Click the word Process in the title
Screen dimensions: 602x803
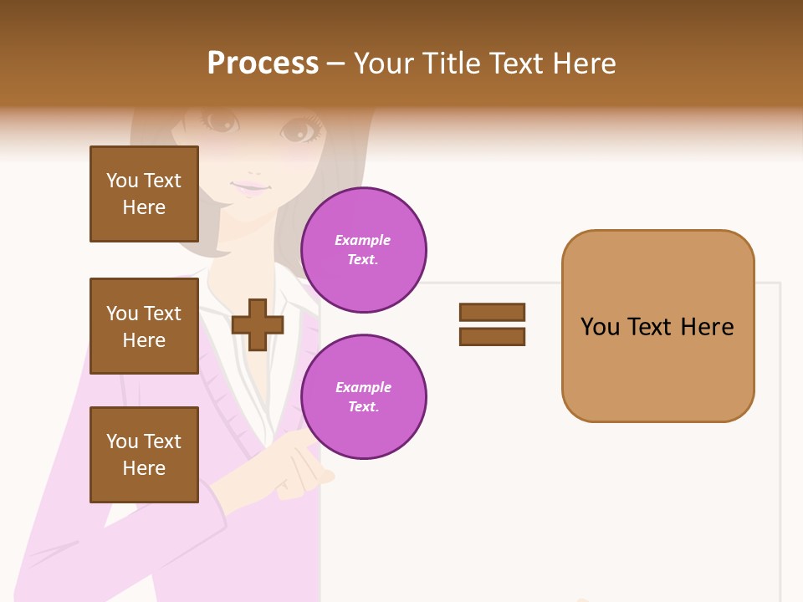(263, 64)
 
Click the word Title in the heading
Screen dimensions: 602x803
(450, 64)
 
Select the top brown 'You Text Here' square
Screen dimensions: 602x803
(144, 194)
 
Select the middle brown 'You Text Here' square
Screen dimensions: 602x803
(144, 326)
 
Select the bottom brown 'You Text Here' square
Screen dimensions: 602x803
(144, 455)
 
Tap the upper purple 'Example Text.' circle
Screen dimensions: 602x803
(364, 250)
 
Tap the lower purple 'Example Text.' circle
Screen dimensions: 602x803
(364, 397)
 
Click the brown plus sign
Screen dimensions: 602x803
(258, 324)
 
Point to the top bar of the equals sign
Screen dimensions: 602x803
(492, 313)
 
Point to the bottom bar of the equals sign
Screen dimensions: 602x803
(492, 337)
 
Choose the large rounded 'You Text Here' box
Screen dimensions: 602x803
(657, 326)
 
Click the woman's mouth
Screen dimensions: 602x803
(250, 187)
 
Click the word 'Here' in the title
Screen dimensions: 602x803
(586, 64)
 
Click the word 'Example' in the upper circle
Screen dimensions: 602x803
(363, 240)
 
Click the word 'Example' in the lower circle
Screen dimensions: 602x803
(363, 387)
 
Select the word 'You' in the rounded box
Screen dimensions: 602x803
(601, 326)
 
